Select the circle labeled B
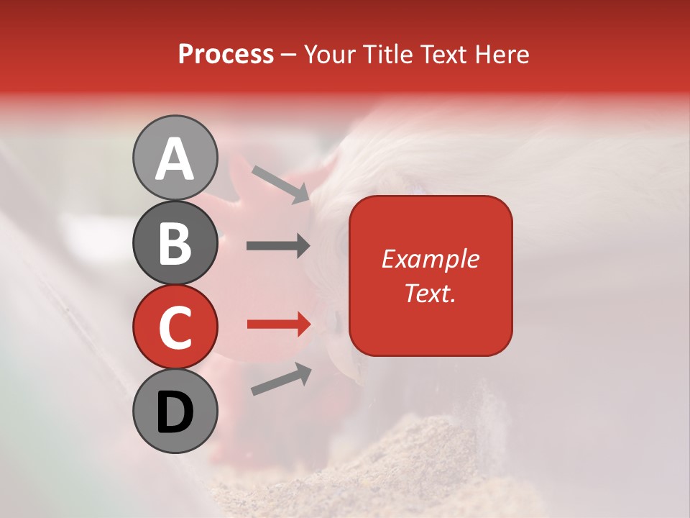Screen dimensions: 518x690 pyautogui.click(x=175, y=243)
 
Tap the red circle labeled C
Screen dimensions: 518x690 pyautogui.click(x=175, y=327)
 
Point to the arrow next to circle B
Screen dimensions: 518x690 pyautogui.click(x=278, y=246)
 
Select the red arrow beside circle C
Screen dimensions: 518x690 pyautogui.click(x=278, y=324)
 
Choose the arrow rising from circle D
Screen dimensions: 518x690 pyautogui.click(x=281, y=379)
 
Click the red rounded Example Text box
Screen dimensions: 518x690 pyautogui.click(x=431, y=276)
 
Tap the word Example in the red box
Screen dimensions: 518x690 pyautogui.click(x=431, y=259)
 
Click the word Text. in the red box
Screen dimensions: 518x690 pyautogui.click(x=431, y=294)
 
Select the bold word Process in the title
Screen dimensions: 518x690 pyautogui.click(x=226, y=54)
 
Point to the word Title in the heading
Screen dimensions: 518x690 pyautogui.click(x=388, y=54)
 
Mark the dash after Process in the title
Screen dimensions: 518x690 pyautogui.click(x=288, y=55)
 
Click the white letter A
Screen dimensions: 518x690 pyautogui.click(x=175, y=159)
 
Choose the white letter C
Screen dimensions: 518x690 pyautogui.click(x=175, y=327)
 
